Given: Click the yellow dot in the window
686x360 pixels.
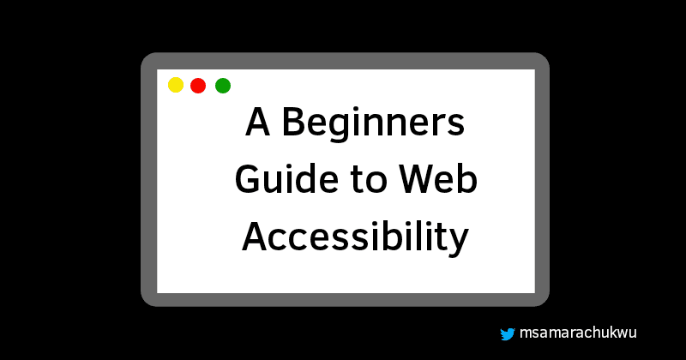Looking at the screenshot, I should (176, 85).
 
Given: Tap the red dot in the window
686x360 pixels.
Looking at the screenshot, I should (198, 85).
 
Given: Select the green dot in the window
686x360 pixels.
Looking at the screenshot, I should (223, 85).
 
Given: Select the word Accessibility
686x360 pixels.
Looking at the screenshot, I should (355, 237).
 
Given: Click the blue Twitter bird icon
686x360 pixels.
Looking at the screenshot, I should (507, 334).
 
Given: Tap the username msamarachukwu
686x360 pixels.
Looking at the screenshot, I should (577, 334).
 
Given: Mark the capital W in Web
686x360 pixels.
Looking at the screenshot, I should (416, 181).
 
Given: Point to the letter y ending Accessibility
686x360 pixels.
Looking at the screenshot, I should (459, 240).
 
